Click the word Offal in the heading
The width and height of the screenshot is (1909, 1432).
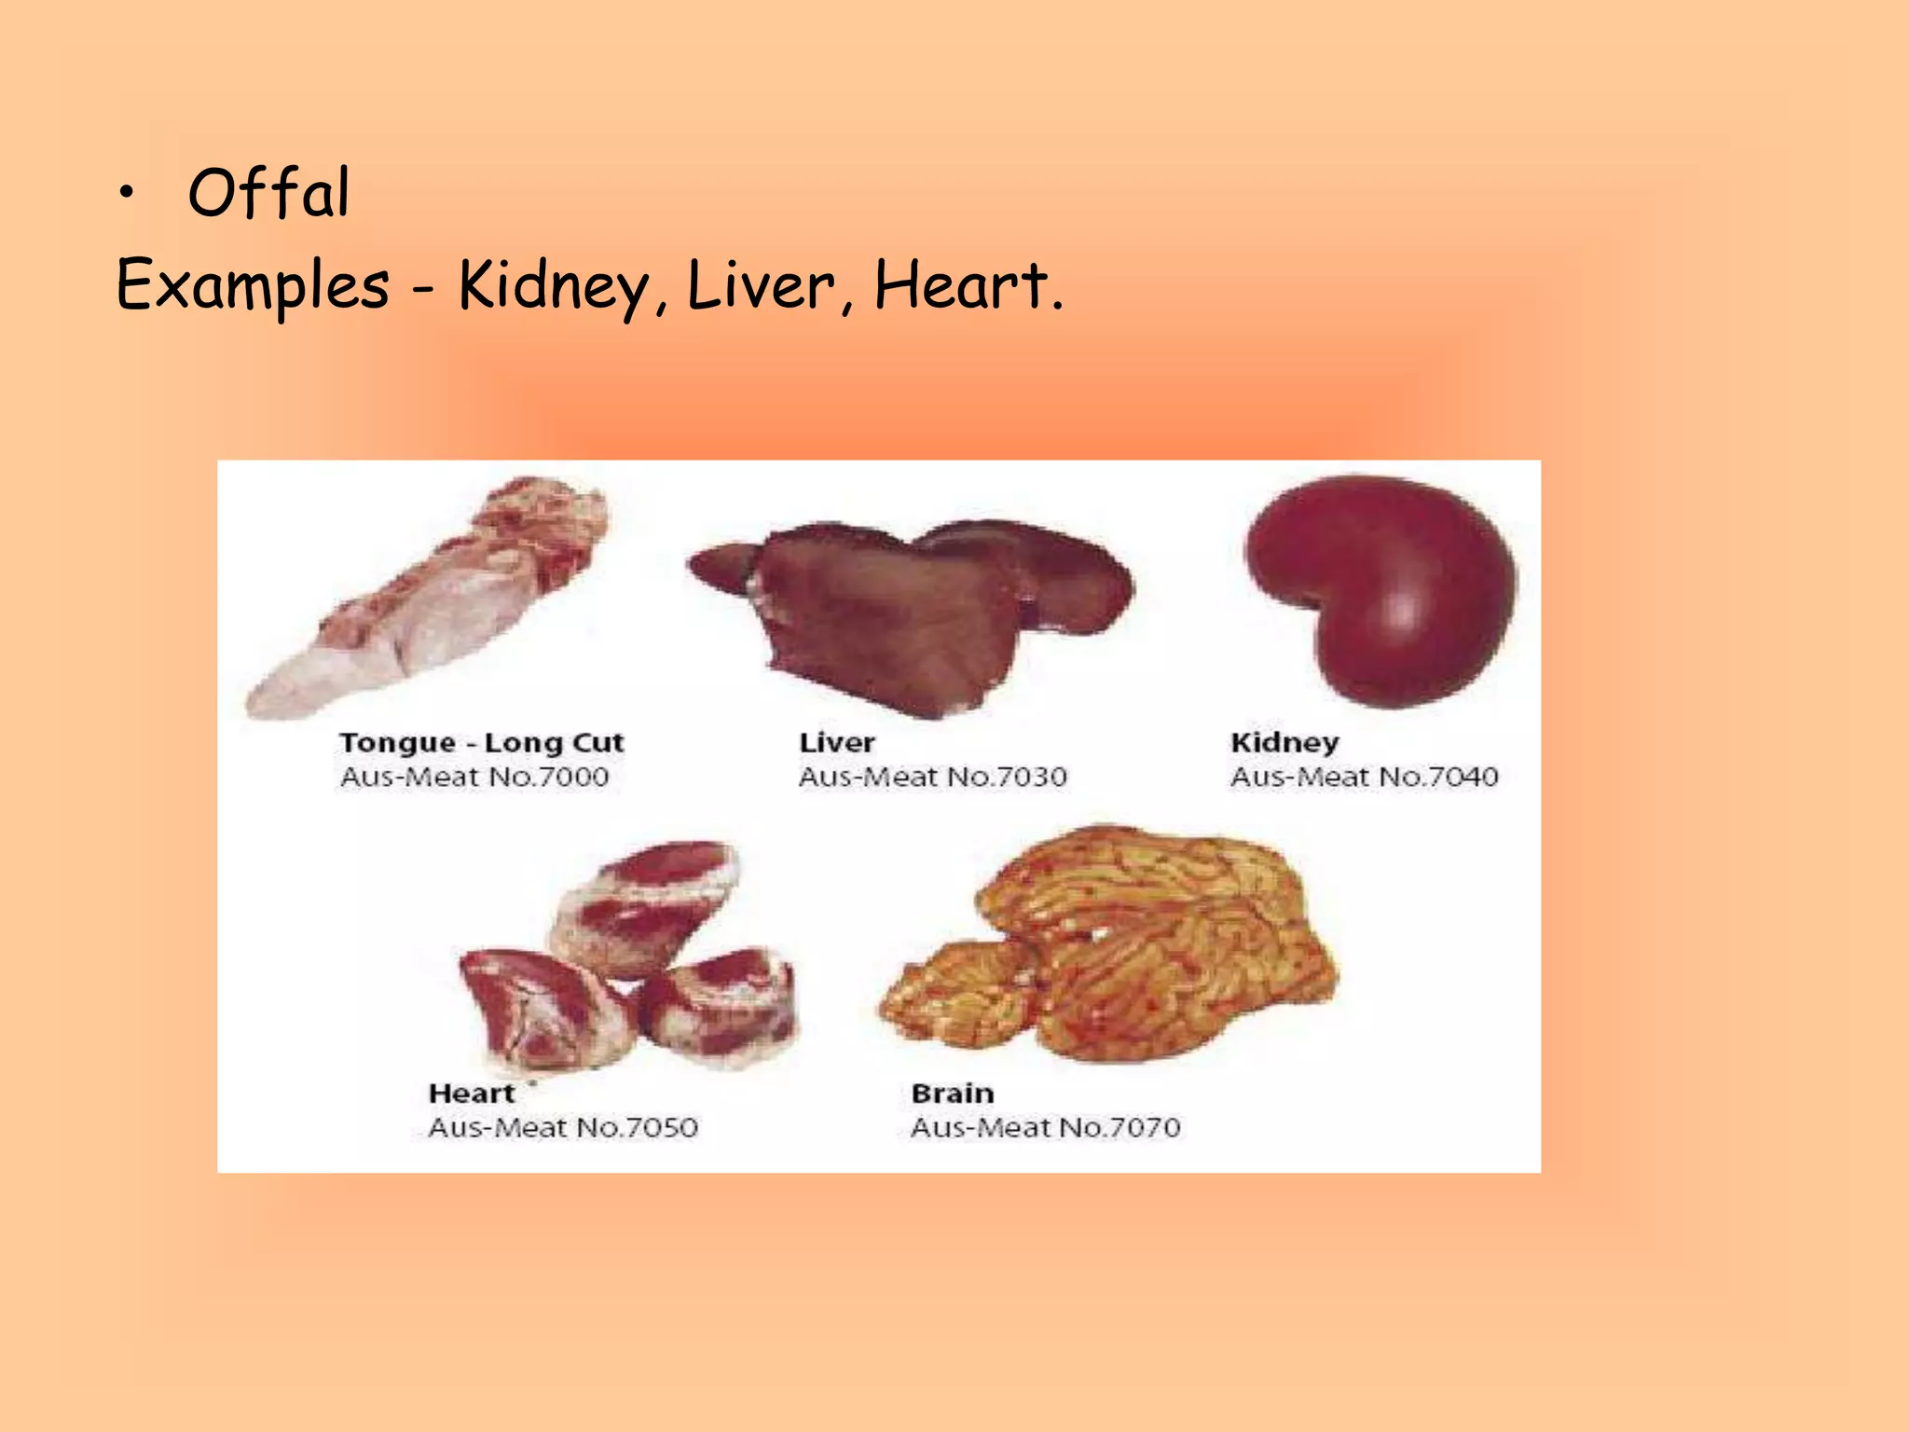[x=268, y=193]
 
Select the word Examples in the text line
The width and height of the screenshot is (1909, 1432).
[x=253, y=285]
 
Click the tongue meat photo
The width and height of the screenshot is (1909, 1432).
[x=429, y=606]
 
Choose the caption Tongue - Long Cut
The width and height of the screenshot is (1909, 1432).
[x=481, y=743]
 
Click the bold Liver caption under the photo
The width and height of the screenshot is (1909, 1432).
[x=837, y=743]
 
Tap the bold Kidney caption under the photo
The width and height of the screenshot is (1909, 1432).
[x=1284, y=743]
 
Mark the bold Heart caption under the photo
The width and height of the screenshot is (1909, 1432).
[x=472, y=1094]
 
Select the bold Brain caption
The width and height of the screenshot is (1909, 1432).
[x=953, y=1094]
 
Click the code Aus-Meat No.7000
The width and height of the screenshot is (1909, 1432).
[x=474, y=777]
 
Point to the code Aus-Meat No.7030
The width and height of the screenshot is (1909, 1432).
[x=932, y=777]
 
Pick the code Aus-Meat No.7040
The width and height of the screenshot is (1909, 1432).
[x=1365, y=777]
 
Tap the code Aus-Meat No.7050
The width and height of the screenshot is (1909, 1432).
[x=563, y=1128]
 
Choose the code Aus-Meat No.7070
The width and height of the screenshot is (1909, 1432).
[x=1046, y=1128]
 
